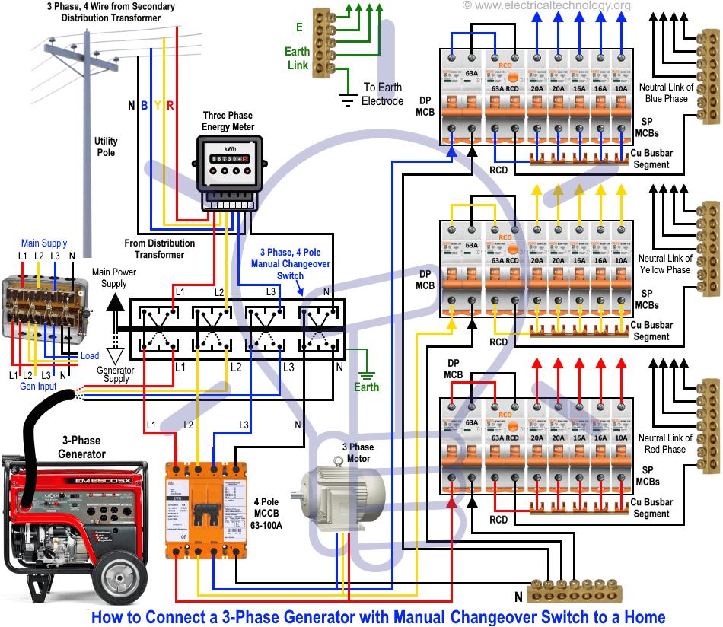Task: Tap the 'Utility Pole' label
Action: (106, 147)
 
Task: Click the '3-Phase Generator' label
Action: (81, 447)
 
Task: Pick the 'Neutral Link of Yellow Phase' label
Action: (665, 264)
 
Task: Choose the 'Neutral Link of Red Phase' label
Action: (665, 444)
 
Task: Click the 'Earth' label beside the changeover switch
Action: (366, 387)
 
